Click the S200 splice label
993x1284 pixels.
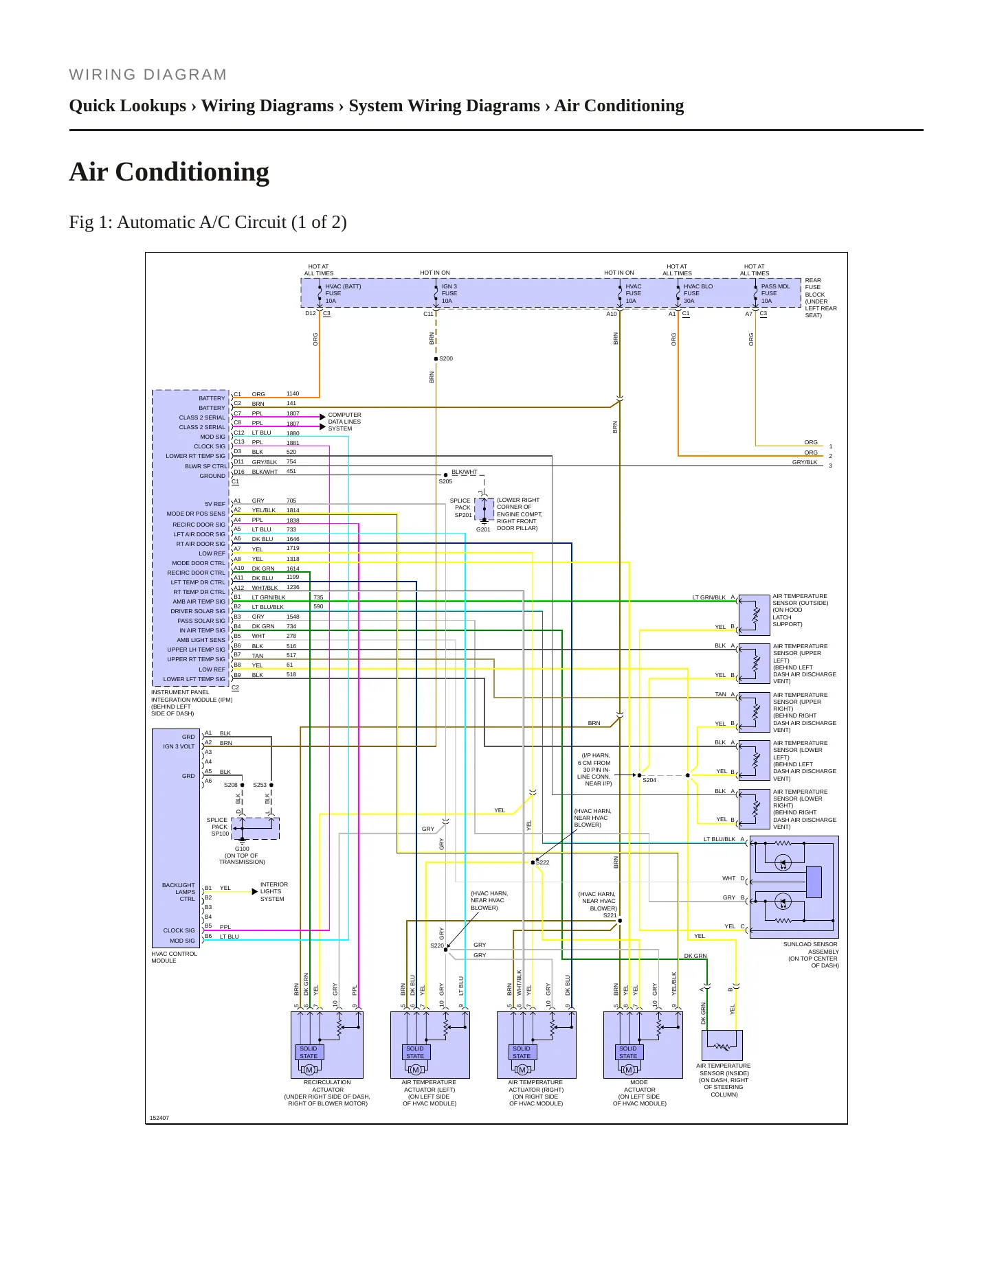(x=446, y=358)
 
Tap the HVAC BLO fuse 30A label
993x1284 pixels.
(x=698, y=293)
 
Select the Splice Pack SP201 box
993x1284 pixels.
(x=484, y=509)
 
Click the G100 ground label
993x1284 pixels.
(x=242, y=849)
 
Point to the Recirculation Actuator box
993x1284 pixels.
(x=327, y=1044)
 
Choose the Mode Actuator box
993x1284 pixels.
(x=643, y=1044)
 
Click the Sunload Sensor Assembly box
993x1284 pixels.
(x=794, y=887)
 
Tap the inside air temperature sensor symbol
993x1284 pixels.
(x=722, y=1046)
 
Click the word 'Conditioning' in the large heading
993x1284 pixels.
(x=192, y=172)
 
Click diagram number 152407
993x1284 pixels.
(x=159, y=1118)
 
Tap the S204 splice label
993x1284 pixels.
(x=649, y=780)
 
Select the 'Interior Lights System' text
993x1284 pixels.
(x=274, y=891)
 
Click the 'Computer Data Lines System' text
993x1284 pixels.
(x=344, y=422)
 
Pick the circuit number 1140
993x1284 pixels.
(x=293, y=393)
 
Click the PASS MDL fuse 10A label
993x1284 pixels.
(x=775, y=293)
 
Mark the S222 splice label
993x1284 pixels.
(x=543, y=862)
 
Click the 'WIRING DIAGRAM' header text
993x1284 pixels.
(x=148, y=75)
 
